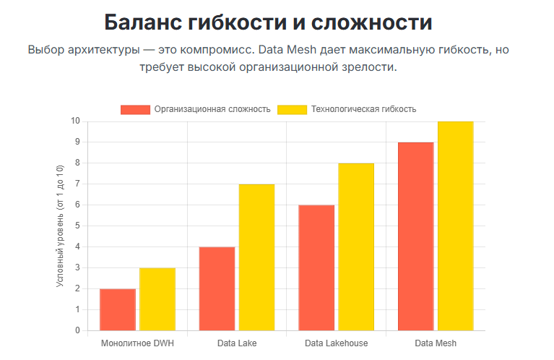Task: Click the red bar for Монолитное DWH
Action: point(118,309)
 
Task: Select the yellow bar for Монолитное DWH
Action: point(157,299)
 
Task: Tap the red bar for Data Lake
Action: point(217,288)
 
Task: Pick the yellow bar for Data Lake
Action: point(256,257)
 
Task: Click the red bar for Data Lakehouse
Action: point(316,267)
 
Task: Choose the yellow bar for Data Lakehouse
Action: point(356,247)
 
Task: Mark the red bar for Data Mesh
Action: point(415,236)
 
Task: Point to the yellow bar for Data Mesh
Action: point(455,226)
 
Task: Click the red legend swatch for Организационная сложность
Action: point(135,109)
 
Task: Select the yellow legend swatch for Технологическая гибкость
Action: point(291,109)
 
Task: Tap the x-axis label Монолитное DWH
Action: point(137,343)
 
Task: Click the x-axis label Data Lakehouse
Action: point(336,343)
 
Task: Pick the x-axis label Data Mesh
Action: point(436,343)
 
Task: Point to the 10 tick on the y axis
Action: point(75,121)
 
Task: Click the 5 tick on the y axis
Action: point(77,226)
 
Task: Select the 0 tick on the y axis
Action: point(77,330)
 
